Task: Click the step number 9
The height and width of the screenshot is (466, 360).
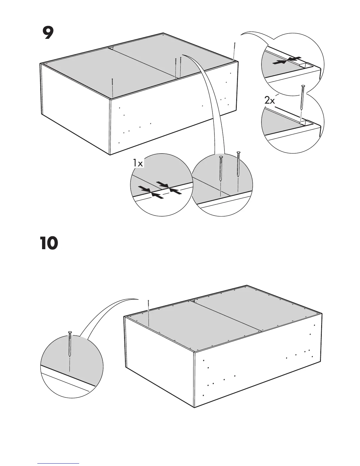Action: pyautogui.click(x=48, y=33)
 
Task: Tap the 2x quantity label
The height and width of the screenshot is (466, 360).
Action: pyautogui.click(x=269, y=101)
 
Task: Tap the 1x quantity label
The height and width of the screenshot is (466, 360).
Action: pyautogui.click(x=138, y=163)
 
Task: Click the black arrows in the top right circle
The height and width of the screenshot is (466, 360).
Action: pyautogui.click(x=286, y=60)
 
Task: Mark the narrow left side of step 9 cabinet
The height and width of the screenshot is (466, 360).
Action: pyautogui.click(x=75, y=109)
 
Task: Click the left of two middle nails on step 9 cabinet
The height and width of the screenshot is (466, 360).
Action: pyautogui.click(x=175, y=67)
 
